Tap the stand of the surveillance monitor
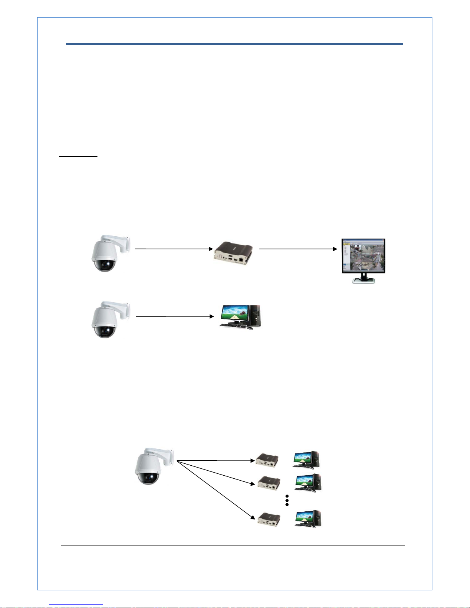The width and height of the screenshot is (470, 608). coord(363,279)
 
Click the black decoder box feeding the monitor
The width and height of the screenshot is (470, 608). coord(233,254)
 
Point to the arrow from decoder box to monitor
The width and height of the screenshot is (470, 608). coord(298,249)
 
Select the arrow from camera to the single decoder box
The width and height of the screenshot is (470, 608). coord(173,249)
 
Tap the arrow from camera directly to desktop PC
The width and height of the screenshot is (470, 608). coord(175,316)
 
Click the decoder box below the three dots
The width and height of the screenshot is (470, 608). coord(269,520)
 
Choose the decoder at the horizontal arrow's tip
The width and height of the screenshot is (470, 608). coord(267,460)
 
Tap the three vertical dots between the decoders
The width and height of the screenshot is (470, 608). coord(287,500)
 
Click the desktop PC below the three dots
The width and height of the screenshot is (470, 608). coord(308,519)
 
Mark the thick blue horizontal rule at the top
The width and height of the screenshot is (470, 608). coord(234,44)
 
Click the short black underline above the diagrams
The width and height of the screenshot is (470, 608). coord(78,157)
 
